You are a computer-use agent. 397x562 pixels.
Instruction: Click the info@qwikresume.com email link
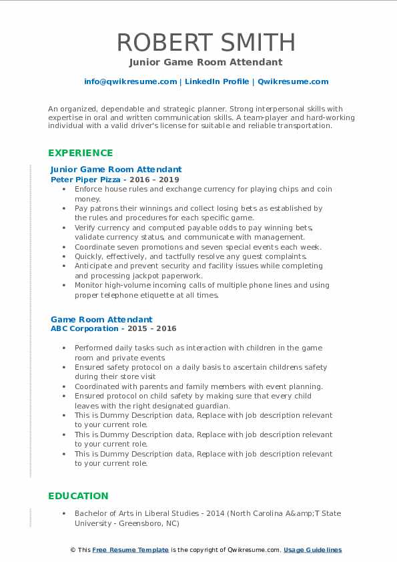point(131,81)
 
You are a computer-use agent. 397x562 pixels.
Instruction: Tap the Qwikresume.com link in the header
point(293,81)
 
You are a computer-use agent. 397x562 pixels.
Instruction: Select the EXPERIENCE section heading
point(80,153)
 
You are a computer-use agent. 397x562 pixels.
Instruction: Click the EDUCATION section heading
point(78,495)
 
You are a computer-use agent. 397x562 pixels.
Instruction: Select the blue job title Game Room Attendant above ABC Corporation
point(101,320)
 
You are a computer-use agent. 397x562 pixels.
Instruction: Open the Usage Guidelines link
point(312,550)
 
